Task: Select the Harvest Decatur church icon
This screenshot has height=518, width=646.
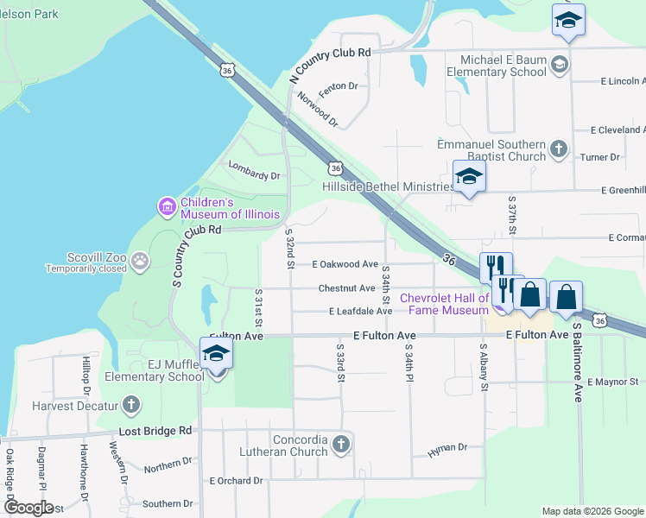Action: click(x=130, y=404)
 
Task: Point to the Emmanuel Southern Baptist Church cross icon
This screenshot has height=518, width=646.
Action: click(x=559, y=148)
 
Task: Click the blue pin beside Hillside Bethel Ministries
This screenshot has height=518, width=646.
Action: click(x=470, y=177)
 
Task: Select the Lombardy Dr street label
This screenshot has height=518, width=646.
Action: click(x=255, y=175)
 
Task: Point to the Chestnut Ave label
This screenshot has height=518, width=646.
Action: click(x=346, y=287)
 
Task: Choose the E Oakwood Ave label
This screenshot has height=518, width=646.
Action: click(x=345, y=264)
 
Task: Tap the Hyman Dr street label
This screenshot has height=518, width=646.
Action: click(x=447, y=447)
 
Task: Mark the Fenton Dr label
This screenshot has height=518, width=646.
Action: click(x=338, y=86)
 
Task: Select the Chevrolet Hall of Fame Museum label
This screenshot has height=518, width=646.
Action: click(x=444, y=304)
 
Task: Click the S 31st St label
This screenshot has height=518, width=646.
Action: click(x=258, y=303)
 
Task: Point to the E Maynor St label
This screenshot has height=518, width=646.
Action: click(x=612, y=381)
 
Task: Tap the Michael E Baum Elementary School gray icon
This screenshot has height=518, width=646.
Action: click(x=559, y=64)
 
